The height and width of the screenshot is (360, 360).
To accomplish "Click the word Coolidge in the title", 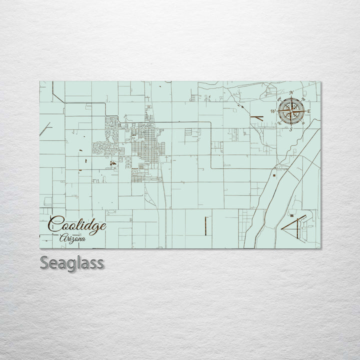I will point(77,224).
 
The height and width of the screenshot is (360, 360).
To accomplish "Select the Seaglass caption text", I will point(72,263).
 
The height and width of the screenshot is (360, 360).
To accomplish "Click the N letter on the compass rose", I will point(291,93).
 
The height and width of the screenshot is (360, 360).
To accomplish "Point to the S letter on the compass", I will point(291,129).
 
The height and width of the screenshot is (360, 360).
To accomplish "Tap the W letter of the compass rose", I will point(273,111).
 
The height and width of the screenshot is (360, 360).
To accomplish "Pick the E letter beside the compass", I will point(309,111).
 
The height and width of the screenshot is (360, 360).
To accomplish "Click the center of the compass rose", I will point(291,111).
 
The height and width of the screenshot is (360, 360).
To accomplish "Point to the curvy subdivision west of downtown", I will point(105,146).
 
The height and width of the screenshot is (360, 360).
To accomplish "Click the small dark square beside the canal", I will point(274,175).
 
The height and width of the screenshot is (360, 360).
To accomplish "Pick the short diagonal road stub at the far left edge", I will point(45,129).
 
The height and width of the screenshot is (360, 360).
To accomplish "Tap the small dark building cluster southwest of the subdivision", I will point(113,162).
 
